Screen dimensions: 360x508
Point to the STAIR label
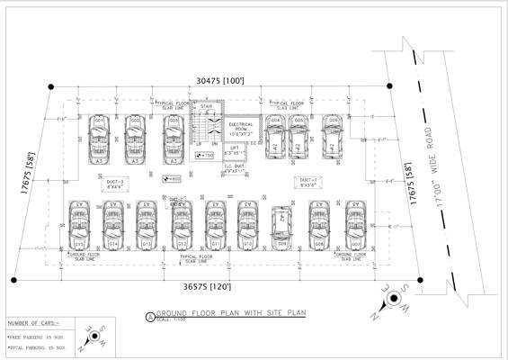click(x=206, y=107)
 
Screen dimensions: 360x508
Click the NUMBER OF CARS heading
click(x=32, y=322)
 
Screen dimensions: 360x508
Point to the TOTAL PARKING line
click(x=35, y=347)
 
